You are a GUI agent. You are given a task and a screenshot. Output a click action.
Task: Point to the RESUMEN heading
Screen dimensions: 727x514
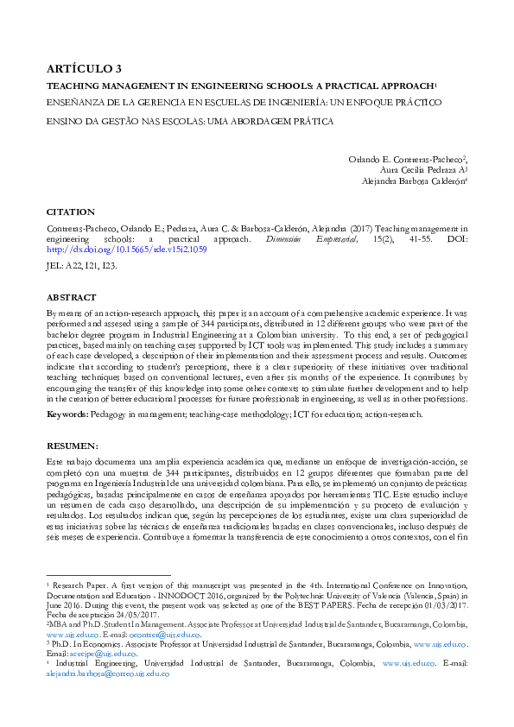coord(72,446)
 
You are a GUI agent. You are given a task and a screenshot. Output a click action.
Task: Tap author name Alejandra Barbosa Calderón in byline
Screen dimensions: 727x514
coord(415,181)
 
